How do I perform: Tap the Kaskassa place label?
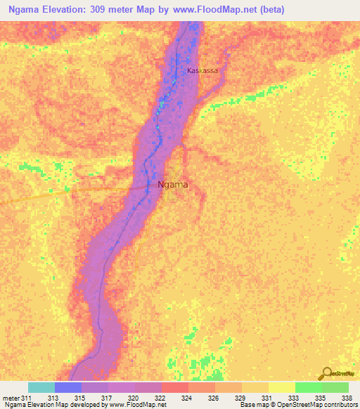click(202, 71)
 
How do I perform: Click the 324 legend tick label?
click(186, 397)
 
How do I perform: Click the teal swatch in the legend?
click(41, 387)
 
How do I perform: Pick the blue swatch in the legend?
click(67, 387)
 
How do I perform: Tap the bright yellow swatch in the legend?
click(281, 387)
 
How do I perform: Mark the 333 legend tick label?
click(292, 397)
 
